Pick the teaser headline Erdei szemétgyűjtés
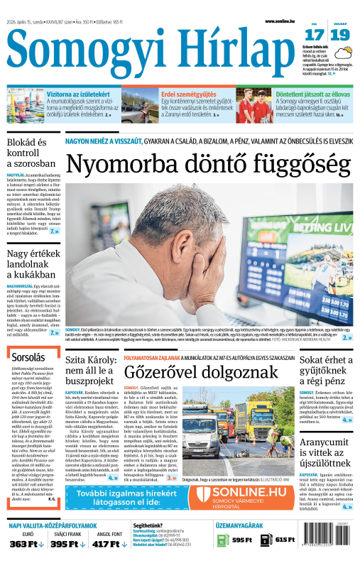(x=187, y=94)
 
